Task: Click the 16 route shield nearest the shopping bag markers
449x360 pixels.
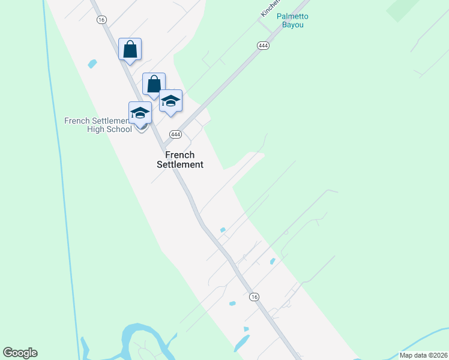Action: (x=101, y=19)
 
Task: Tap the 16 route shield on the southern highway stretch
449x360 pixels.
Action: (x=255, y=297)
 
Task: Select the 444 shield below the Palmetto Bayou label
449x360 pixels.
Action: (x=262, y=46)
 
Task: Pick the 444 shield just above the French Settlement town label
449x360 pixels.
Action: (x=175, y=134)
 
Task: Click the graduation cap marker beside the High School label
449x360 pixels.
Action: (x=140, y=113)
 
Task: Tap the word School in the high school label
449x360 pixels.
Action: (x=119, y=129)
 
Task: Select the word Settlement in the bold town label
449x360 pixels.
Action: (x=180, y=164)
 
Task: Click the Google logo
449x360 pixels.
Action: (x=20, y=353)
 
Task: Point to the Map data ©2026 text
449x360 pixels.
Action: (x=423, y=355)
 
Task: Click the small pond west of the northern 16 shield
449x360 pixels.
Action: (x=92, y=64)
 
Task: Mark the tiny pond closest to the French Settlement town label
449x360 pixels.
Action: (x=223, y=230)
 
